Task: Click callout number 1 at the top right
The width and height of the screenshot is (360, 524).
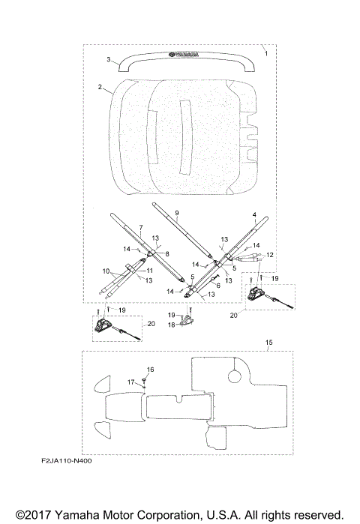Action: (x=266, y=53)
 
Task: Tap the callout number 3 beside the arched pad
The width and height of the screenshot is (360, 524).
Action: (x=109, y=59)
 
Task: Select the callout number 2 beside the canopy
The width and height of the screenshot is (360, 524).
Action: (x=100, y=87)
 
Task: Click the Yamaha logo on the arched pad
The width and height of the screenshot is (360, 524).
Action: (x=184, y=54)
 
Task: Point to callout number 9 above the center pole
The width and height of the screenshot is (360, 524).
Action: (x=177, y=213)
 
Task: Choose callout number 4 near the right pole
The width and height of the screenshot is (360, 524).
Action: (x=254, y=214)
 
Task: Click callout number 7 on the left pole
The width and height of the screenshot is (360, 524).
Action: (x=141, y=228)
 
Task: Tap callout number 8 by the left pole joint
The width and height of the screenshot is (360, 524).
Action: (x=167, y=254)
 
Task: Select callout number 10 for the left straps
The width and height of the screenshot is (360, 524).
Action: (x=106, y=271)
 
